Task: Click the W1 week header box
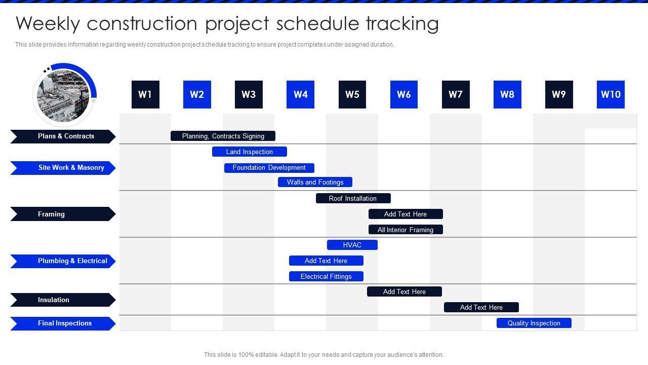coord(145,94)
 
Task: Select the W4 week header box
coord(300,94)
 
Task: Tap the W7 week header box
coord(456,94)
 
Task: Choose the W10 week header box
coord(611,94)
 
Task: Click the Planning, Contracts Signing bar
coord(223,136)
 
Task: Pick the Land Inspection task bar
coord(250,152)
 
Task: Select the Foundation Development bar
coord(269,168)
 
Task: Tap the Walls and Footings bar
coord(315,182)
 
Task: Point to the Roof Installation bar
coord(353,198)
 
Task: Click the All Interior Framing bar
coord(406,230)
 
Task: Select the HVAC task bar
coord(352,245)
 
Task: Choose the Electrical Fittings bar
coord(326,276)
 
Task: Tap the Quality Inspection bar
coord(534,323)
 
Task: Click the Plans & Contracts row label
coord(63,136)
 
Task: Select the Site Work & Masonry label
coord(63,168)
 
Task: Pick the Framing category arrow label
coord(63,214)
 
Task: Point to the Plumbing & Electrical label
coord(63,261)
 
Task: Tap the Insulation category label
coord(63,300)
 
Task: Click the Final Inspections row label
coord(63,323)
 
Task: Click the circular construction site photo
coord(63,96)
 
